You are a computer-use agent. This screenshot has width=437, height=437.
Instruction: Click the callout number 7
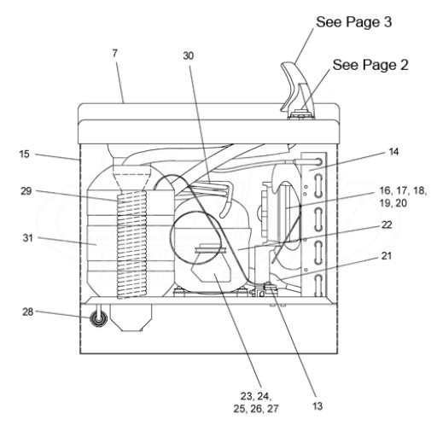click(x=114, y=53)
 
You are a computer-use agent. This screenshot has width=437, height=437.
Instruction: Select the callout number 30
click(x=189, y=56)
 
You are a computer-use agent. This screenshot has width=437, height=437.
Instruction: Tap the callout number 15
click(x=25, y=154)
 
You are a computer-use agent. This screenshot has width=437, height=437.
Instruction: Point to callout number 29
click(x=26, y=191)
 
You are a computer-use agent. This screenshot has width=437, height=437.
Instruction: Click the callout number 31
click(x=28, y=238)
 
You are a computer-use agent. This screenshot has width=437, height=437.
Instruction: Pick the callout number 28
click(x=28, y=312)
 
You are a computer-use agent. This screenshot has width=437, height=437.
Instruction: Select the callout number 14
click(x=393, y=152)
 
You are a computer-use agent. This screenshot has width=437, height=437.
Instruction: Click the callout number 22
click(x=387, y=225)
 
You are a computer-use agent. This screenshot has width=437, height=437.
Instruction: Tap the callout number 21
click(x=387, y=256)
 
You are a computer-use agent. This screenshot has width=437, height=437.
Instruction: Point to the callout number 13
click(x=318, y=406)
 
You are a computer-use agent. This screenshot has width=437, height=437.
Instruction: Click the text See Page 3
click(x=354, y=22)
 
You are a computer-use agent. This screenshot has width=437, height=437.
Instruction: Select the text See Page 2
click(x=370, y=65)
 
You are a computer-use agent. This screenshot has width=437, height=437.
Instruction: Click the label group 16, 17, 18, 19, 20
click(x=403, y=197)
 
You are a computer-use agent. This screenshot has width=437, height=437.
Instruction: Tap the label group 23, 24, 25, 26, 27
click(x=256, y=402)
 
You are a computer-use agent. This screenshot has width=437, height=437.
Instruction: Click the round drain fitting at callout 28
click(x=98, y=319)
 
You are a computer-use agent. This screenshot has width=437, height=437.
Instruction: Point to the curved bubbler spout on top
click(x=293, y=85)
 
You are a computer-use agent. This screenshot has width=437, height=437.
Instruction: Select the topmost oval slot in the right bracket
click(x=318, y=162)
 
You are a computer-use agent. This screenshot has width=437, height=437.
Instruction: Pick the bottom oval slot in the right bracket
click(x=318, y=285)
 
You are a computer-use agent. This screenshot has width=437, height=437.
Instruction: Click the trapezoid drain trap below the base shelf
click(x=131, y=318)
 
